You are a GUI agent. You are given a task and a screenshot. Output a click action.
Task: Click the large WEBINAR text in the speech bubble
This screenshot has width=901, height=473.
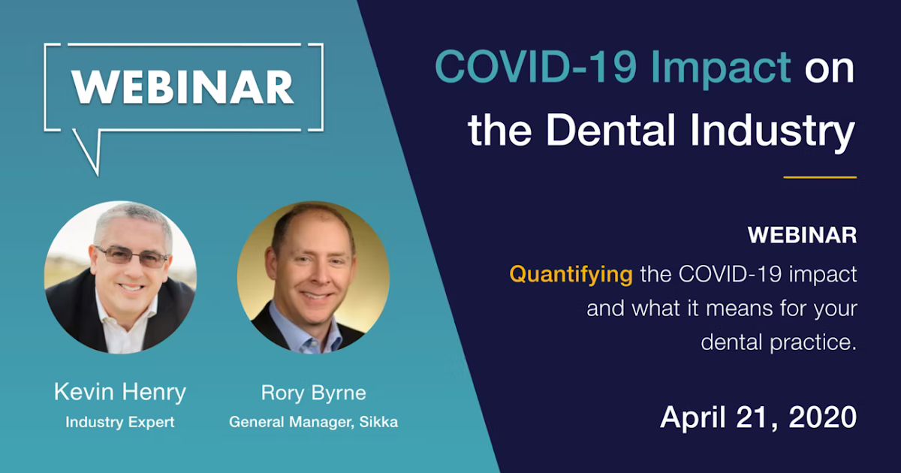tap(183, 87)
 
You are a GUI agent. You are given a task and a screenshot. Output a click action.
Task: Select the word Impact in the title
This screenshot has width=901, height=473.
tap(721, 68)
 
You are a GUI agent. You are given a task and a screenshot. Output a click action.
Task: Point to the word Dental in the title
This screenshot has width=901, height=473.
tap(610, 129)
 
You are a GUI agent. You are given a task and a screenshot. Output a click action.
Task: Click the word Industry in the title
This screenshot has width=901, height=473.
tap(773, 132)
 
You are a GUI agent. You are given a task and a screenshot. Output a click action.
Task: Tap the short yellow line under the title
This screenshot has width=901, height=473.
tap(820, 177)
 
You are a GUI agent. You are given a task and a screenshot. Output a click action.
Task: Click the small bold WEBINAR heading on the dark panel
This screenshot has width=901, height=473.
tap(802, 235)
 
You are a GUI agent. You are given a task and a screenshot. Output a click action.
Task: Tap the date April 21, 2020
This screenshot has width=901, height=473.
tap(758, 417)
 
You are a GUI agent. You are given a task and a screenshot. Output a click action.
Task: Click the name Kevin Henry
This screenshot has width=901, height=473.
tap(120, 392)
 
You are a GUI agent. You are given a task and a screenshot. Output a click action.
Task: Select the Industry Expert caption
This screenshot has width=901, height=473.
tap(120, 422)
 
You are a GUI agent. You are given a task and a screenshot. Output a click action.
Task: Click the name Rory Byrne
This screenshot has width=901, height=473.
tap(313, 393)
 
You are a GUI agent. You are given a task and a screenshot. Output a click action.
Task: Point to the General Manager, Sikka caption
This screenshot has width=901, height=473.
tap(313, 422)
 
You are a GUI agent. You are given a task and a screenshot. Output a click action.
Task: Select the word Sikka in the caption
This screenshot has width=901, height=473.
tap(378, 422)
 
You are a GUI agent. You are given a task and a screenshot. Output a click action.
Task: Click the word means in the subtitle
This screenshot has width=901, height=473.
tap(740, 309)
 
